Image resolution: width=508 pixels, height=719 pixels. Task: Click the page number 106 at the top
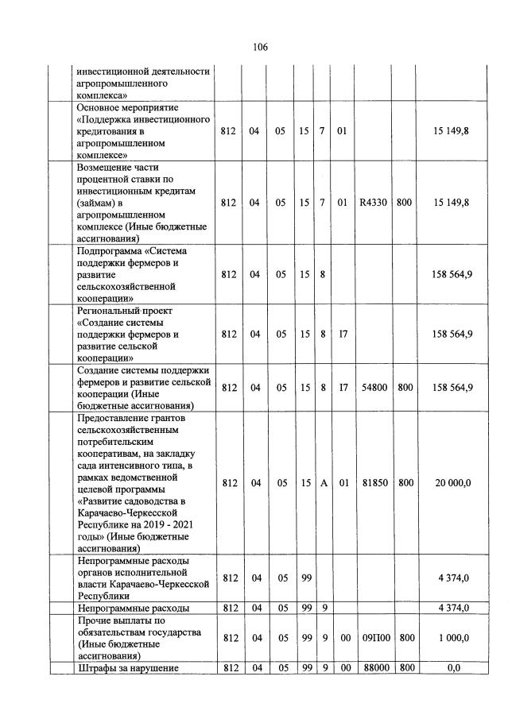click(260, 47)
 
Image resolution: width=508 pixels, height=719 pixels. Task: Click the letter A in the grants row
click(324, 482)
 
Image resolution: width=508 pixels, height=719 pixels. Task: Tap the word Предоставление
click(113, 417)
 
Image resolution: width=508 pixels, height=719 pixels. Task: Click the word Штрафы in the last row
click(95, 668)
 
